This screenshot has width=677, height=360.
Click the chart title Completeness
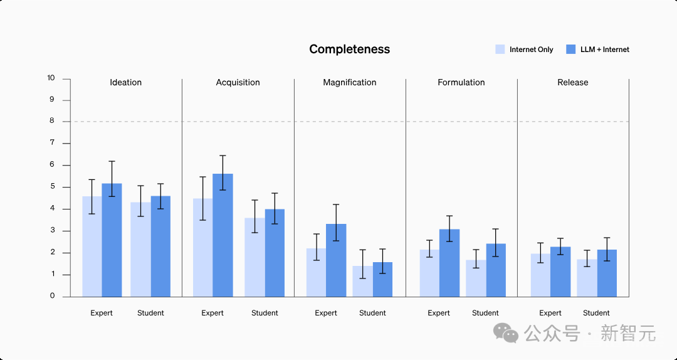(x=349, y=50)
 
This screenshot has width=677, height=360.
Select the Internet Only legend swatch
(x=500, y=50)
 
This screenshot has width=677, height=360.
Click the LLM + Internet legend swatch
(x=570, y=50)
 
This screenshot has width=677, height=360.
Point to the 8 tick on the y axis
(x=52, y=122)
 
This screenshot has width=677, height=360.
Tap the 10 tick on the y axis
(x=51, y=78)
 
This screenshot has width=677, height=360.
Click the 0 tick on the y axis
(x=52, y=296)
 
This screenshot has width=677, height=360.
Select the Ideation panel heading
(x=125, y=83)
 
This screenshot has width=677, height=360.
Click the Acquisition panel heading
(x=238, y=83)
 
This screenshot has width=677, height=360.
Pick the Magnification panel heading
(x=349, y=83)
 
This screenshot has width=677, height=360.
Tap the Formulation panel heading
(x=461, y=83)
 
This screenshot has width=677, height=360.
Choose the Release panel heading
(x=572, y=83)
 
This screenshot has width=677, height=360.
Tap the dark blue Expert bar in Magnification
(x=336, y=260)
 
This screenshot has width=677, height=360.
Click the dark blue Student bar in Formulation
(x=495, y=270)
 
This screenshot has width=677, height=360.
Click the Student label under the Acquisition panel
(x=265, y=313)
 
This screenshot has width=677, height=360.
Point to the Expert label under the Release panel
(x=550, y=313)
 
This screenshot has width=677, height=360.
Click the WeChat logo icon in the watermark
(x=506, y=333)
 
